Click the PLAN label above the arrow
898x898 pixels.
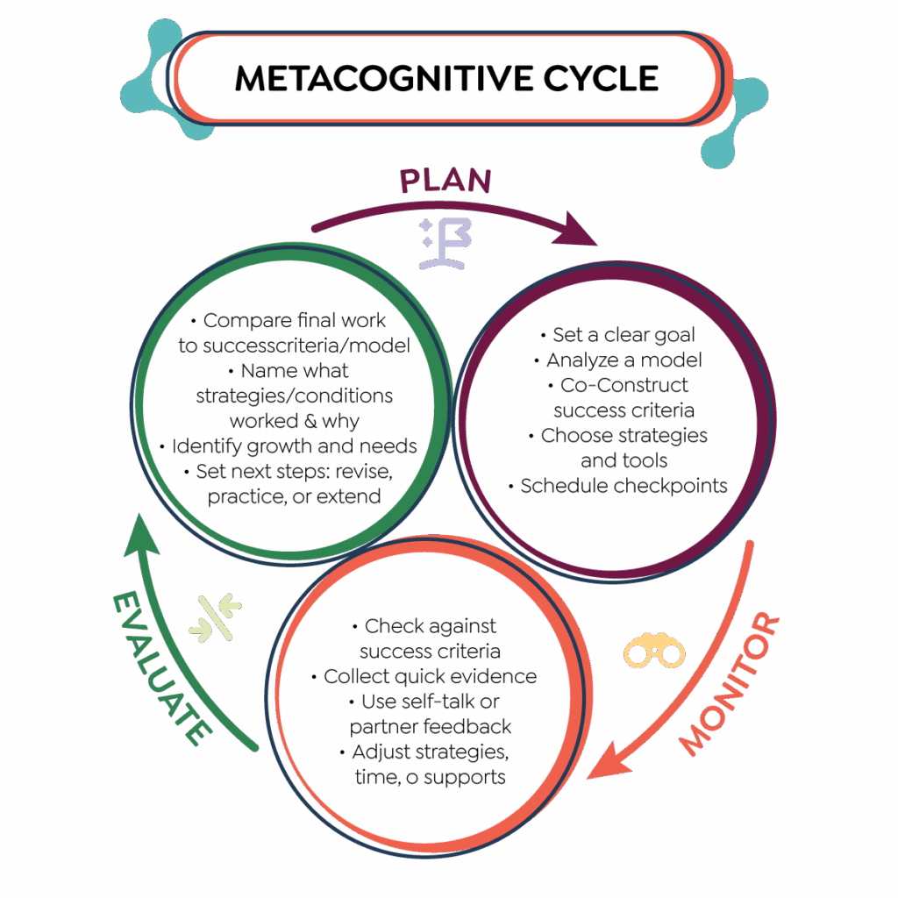[x=445, y=180]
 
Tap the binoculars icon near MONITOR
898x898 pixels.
[x=653, y=652]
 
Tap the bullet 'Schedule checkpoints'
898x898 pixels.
[x=618, y=486]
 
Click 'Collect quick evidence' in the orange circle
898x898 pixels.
[x=424, y=676]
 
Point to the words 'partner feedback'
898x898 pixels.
[x=430, y=726]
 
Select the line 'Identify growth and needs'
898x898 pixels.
[x=289, y=445]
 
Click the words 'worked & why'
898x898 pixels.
[x=294, y=420]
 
